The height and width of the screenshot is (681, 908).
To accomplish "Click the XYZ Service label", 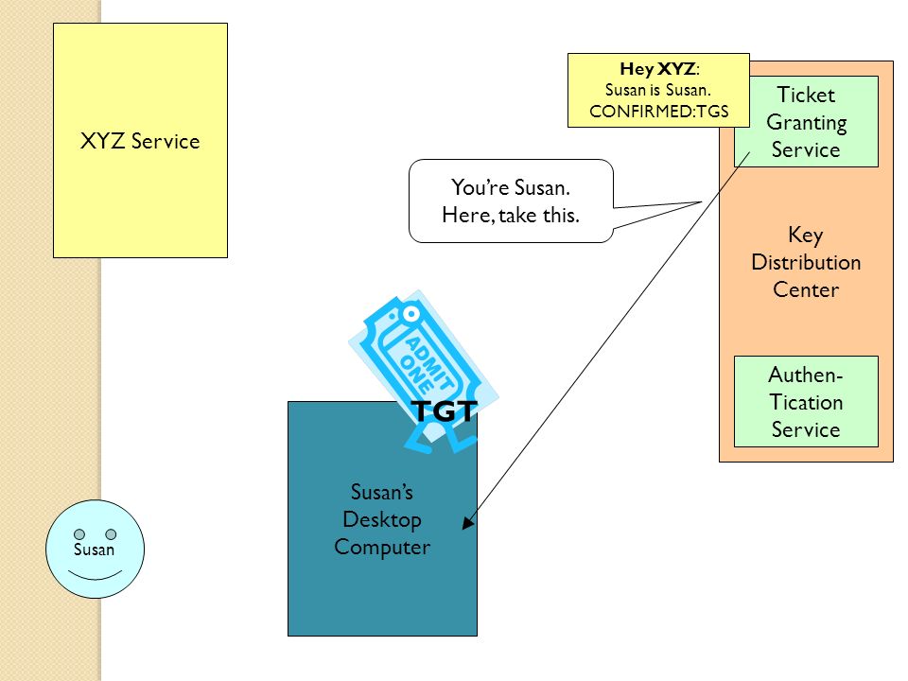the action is pyautogui.click(x=140, y=141).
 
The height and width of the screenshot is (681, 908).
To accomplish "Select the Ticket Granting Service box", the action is pyautogui.click(x=806, y=122).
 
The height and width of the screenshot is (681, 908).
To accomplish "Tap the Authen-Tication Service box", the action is pyautogui.click(x=806, y=401).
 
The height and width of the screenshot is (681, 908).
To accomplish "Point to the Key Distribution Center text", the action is pyautogui.click(x=806, y=262).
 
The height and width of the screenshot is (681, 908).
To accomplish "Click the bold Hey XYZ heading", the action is pyautogui.click(x=658, y=69).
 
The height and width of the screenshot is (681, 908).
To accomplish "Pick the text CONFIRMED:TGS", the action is pyautogui.click(x=659, y=112).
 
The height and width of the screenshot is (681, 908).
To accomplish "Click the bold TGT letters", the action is pyautogui.click(x=445, y=411).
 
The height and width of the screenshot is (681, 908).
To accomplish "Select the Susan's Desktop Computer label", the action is pyautogui.click(x=382, y=519).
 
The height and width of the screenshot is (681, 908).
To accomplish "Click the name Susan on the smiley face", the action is pyautogui.click(x=94, y=549).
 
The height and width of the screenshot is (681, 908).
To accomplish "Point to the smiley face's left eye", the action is pyautogui.click(x=79, y=533).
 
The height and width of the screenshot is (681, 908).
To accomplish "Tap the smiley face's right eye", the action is pyautogui.click(x=111, y=533).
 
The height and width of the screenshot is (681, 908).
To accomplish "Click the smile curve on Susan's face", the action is pyautogui.click(x=95, y=577).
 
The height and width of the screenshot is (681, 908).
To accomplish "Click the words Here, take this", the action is pyautogui.click(x=510, y=216).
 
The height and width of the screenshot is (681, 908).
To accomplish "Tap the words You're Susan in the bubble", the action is pyautogui.click(x=510, y=187).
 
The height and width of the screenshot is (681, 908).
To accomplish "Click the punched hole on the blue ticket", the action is pyautogui.click(x=411, y=314).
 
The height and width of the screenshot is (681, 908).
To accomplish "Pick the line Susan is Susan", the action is pyautogui.click(x=658, y=90).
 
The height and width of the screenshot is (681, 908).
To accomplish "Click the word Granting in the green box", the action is pyautogui.click(x=806, y=123).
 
